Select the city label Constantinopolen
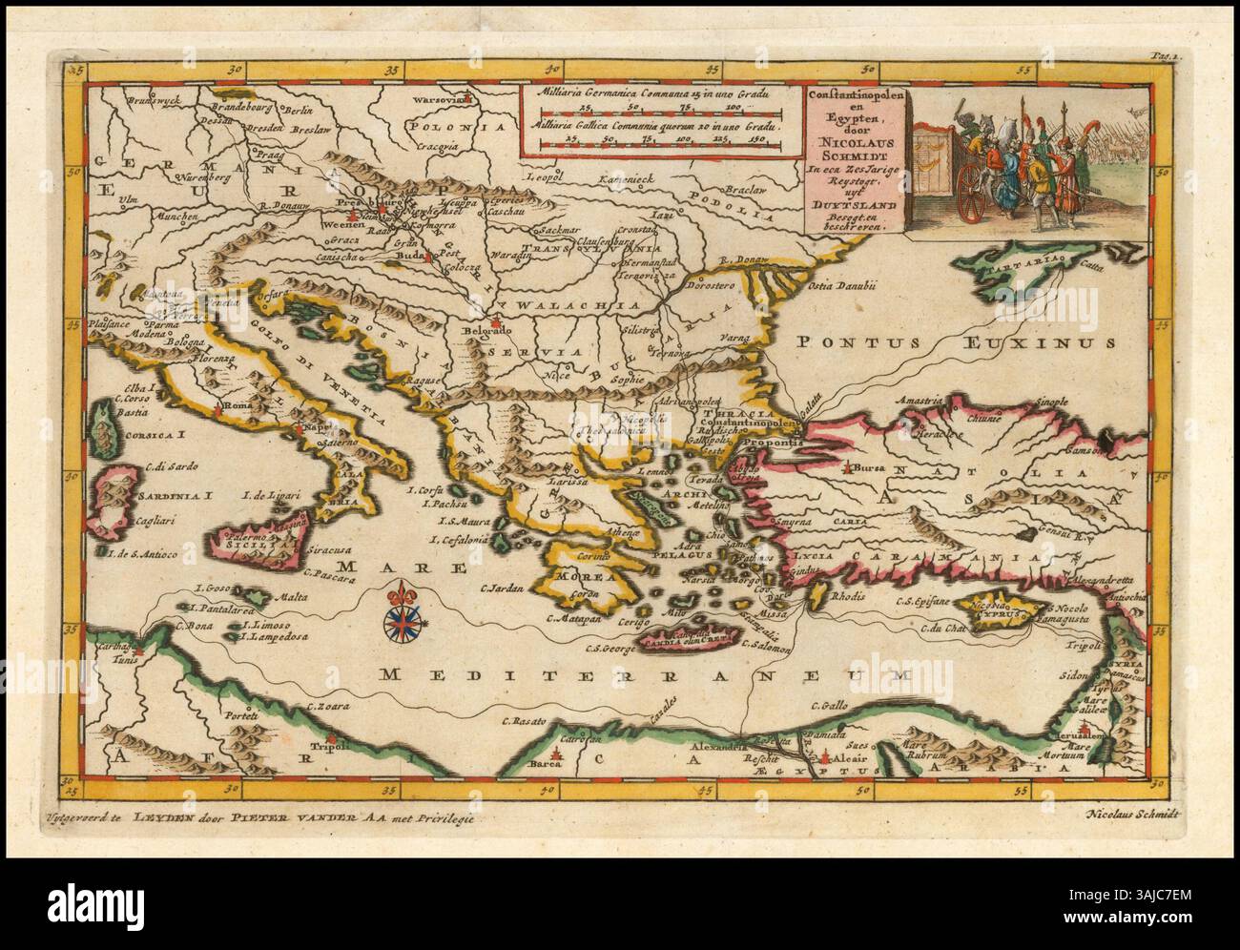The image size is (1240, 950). click(x=750, y=422)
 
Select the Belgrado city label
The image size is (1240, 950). click(x=488, y=330)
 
